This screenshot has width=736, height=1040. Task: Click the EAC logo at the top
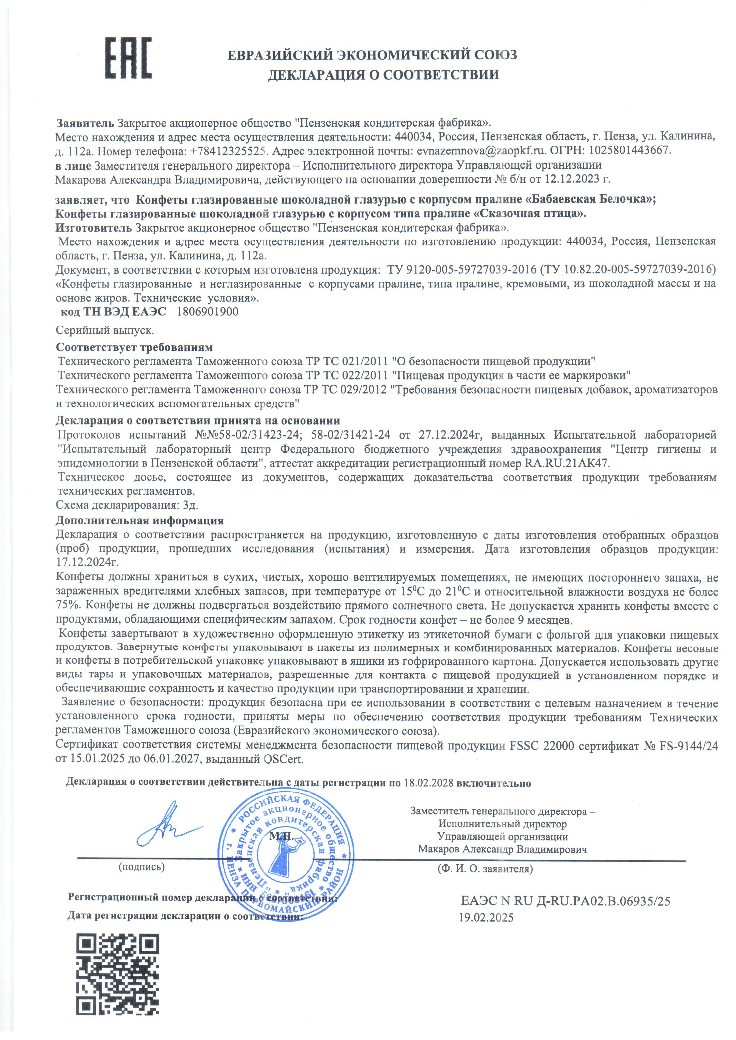tap(128, 58)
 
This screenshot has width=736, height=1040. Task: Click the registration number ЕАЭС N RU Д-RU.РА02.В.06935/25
tap(565, 901)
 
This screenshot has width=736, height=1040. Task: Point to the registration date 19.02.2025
tap(486, 918)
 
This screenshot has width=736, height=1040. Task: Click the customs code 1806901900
tap(207, 312)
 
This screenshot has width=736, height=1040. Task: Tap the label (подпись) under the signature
tap(141, 867)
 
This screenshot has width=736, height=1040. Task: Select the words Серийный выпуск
tap(105, 330)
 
